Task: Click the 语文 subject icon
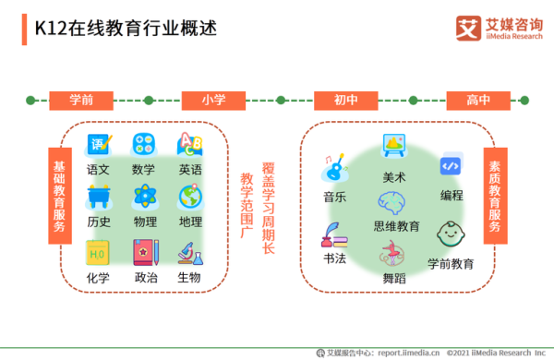[99, 145]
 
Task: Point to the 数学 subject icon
[144, 145]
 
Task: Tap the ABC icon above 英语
[190, 145]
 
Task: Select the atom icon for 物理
[145, 197]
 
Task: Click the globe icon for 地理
[190, 197]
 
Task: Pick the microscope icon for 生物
[189, 252]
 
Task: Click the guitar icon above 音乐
[333, 169]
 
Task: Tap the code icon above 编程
[451, 166]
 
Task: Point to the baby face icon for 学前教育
[450, 234]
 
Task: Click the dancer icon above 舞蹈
[393, 252]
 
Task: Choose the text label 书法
[334, 259]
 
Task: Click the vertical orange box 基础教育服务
[59, 195]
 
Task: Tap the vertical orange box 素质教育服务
[496, 195]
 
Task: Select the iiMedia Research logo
[499, 28]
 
